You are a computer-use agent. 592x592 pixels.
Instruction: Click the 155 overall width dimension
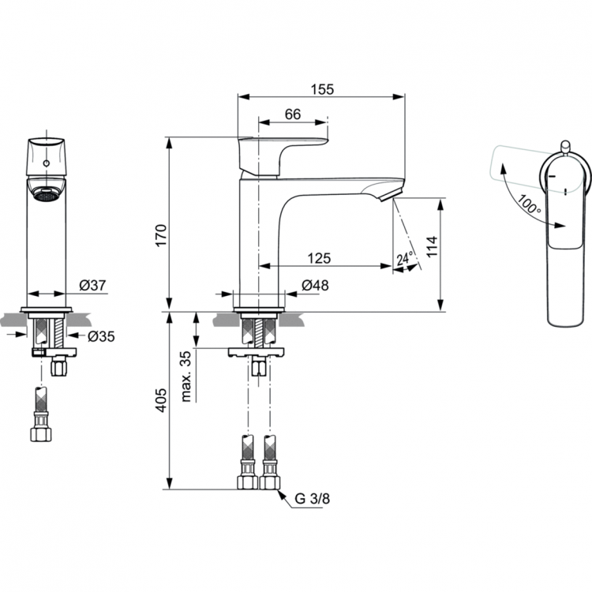pyautogui.click(x=321, y=89)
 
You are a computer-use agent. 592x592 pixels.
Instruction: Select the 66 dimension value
pyautogui.click(x=292, y=114)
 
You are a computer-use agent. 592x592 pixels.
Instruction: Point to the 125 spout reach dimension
pyautogui.click(x=319, y=257)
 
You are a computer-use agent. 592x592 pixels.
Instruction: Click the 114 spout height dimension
pyautogui.click(x=431, y=246)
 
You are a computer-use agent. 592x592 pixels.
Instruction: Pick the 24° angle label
pyautogui.click(x=405, y=258)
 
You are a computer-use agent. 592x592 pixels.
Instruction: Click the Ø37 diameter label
pyautogui.click(x=92, y=286)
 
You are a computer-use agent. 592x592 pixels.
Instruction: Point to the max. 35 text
pyautogui.click(x=187, y=376)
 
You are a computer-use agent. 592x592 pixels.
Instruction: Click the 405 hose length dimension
pyautogui.click(x=159, y=403)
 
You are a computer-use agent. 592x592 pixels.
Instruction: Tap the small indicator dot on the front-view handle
pyautogui.click(x=46, y=164)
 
